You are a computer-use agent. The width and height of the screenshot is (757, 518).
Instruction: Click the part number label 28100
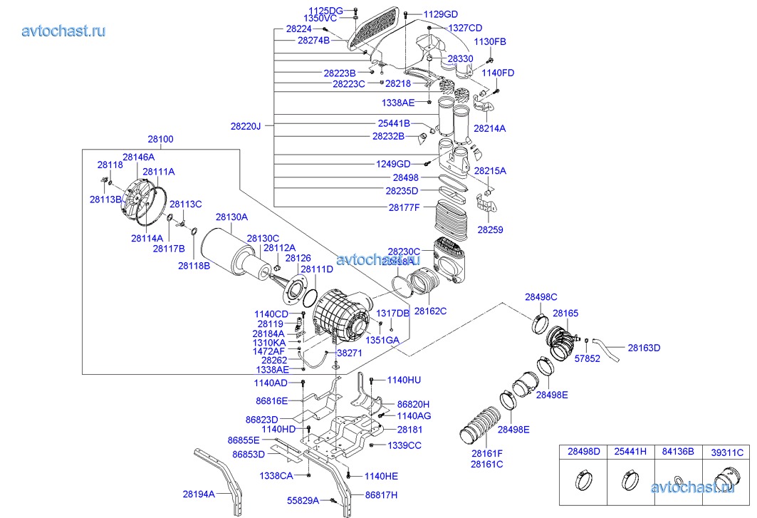160,140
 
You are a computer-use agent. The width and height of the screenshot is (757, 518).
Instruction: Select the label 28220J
246,126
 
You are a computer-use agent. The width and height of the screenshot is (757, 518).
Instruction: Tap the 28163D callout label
644,348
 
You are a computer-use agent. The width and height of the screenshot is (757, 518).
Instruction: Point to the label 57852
588,359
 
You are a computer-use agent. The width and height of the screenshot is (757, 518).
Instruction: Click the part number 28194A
199,493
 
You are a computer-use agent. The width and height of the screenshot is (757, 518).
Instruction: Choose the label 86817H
381,494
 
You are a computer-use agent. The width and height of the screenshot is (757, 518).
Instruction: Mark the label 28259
490,230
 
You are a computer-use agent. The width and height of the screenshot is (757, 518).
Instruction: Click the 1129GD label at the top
441,14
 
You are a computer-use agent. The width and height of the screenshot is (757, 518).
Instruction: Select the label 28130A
231,217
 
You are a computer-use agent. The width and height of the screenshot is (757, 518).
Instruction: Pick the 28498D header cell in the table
583,451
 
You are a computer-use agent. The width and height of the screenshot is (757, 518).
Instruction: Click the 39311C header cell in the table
727,451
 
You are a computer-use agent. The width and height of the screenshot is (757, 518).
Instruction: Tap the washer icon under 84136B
677,479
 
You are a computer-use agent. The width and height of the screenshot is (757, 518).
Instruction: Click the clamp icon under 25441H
630,480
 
